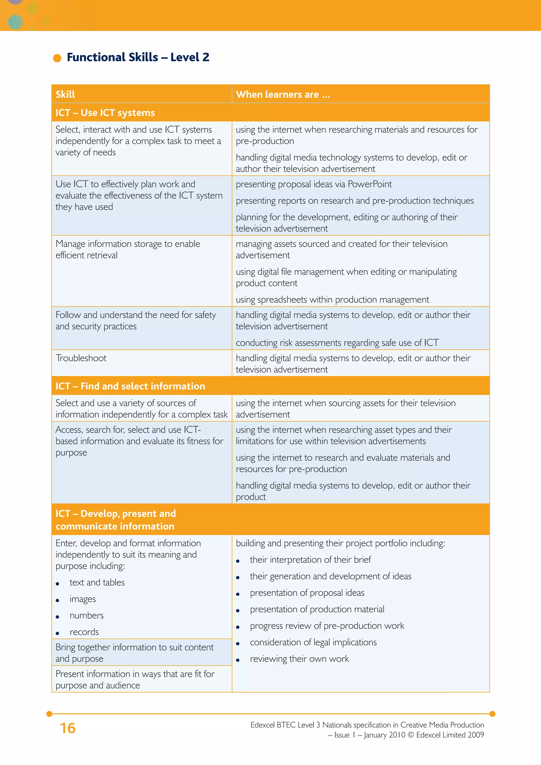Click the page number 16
[68, 728]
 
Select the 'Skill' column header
[65, 95]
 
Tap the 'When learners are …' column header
[283, 95]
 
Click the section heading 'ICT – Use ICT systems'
[105, 113]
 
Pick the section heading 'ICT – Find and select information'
[130, 386]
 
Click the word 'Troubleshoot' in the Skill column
[81, 358]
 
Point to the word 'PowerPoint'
[370, 184]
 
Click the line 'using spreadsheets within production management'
[332, 300]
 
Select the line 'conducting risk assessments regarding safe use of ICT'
[337, 343]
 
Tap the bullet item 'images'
[83, 599]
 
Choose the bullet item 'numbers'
[87, 616]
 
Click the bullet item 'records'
[84, 632]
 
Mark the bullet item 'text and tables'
[97, 582]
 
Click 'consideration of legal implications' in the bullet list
[313, 642]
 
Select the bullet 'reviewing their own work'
[299, 659]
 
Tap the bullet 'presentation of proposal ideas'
[307, 593]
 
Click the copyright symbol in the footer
[411, 735]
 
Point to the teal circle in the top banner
[15, 22]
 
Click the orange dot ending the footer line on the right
[492, 714]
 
